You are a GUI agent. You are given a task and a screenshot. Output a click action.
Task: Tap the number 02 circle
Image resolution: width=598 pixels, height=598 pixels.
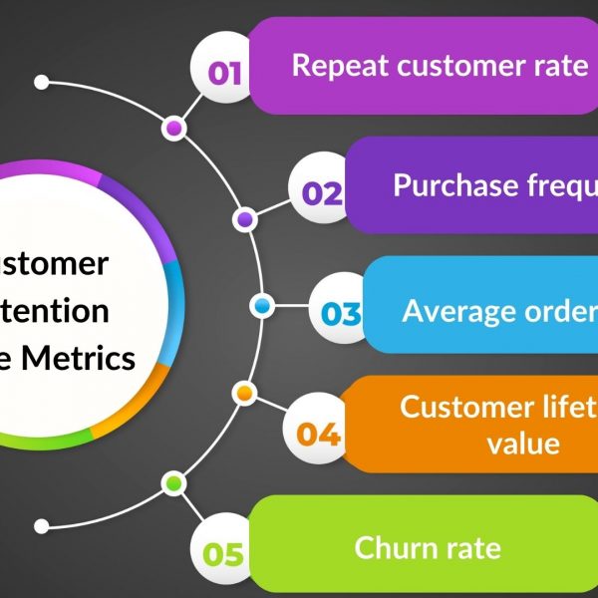(x=321, y=192)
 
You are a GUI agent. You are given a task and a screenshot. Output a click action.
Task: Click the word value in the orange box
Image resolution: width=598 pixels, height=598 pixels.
(x=523, y=442)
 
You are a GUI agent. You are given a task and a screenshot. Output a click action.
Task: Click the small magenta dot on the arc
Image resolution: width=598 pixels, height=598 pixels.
(x=174, y=129)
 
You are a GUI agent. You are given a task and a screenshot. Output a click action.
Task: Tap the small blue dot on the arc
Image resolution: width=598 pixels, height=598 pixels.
(x=261, y=306)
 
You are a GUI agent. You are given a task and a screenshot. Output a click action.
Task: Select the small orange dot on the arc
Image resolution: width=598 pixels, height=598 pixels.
(x=242, y=394)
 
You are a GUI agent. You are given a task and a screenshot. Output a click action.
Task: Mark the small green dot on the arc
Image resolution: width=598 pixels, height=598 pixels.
(x=174, y=483)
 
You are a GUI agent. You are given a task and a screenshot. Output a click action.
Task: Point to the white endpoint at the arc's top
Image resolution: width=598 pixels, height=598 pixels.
(x=41, y=79)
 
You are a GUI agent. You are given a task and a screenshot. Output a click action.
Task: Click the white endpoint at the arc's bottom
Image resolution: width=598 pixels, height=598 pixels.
(x=41, y=526)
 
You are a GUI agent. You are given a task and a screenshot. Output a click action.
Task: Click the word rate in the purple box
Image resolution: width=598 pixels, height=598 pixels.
(x=561, y=66)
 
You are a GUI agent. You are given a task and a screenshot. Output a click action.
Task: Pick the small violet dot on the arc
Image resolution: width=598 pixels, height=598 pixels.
(x=243, y=218)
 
